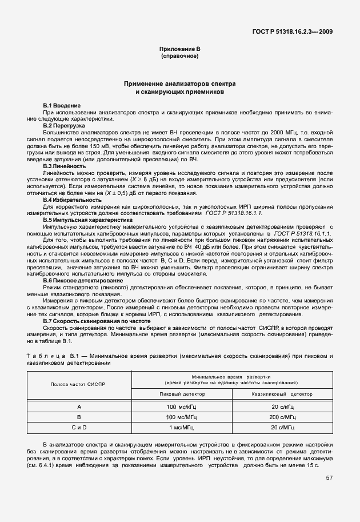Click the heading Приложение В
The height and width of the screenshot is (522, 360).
(179, 50)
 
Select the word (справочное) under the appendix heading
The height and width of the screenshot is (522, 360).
(179, 57)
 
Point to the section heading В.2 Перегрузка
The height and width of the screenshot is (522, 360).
(64, 125)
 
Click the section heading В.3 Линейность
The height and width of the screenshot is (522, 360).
(65, 166)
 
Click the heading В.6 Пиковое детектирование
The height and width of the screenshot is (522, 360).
(83, 281)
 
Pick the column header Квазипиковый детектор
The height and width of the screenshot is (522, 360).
(282, 394)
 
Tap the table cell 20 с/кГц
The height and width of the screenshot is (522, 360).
(282, 407)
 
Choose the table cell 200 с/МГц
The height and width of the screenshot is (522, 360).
(282, 417)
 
